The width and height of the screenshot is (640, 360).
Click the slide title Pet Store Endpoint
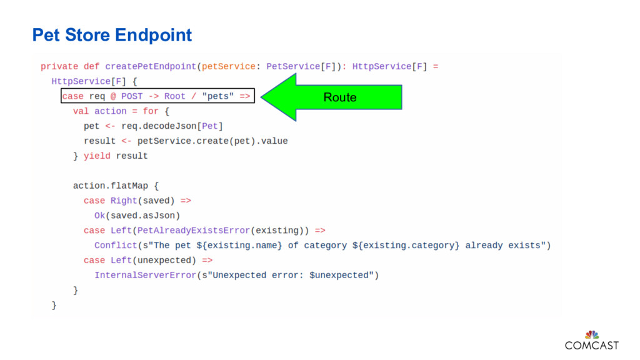pyautogui.click(x=112, y=35)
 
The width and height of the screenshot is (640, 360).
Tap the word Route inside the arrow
pyautogui.click(x=340, y=97)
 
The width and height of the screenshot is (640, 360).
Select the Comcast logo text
pyautogui.click(x=591, y=346)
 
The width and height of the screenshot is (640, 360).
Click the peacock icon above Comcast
pyautogui.click(x=591, y=334)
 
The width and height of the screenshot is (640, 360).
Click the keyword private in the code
pyautogui.click(x=59, y=66)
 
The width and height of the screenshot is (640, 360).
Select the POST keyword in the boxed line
pyautogui.click(x=132, y=96)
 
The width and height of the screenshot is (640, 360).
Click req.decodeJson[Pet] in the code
pyautogui.click(x=172, y=126)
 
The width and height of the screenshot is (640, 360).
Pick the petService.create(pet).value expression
pyautogui.click(x=212, y=141)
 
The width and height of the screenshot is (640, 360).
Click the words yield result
pyautogui.click(x=116, y=156)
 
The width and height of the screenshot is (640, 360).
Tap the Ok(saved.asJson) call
pyautogui.click(x=137, y=216)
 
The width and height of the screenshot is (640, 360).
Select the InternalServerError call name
pyautogui.click(x=145, y=275)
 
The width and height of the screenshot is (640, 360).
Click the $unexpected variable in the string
pyautogui.click(x=338, y=275)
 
